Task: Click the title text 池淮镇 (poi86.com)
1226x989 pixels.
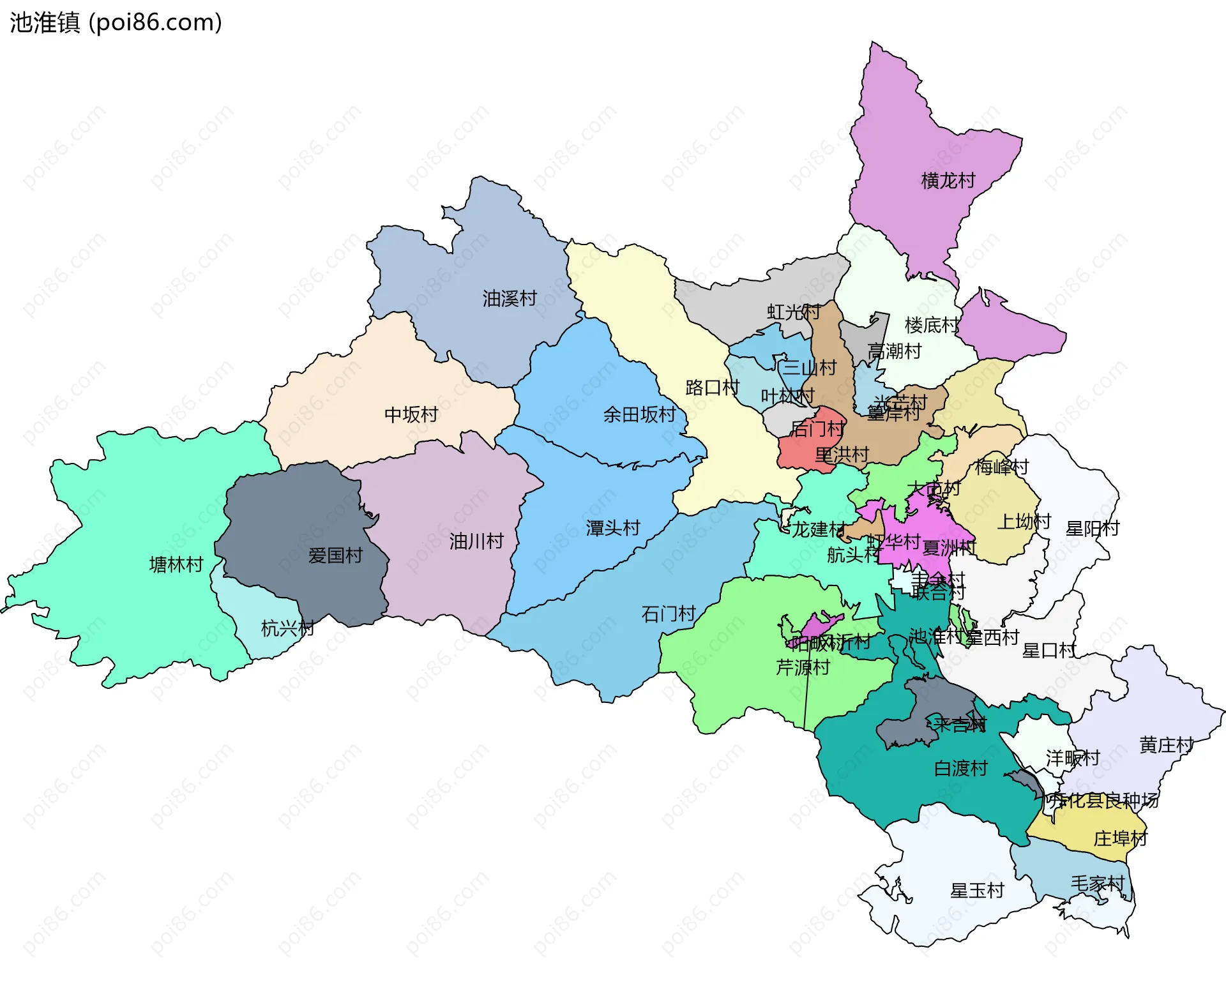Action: click(x=116, y=22)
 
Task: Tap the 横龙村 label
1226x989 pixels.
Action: click(x=948, y=181)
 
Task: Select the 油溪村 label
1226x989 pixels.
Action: click(x=509, y=298)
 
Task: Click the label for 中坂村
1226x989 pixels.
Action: click(x=411, y=414)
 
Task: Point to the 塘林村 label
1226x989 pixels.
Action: click(x=176, y=564)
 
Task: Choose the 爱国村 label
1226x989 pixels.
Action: click(x=335, y=555)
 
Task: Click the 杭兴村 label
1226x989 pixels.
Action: click(x=287, y=628)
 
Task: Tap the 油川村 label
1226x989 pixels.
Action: click(x=476, y=541)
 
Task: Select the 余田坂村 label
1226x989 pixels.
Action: click(x=639, y=414)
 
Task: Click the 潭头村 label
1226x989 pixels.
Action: click(x=612, y=528)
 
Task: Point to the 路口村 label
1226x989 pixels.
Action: click(x=711, y=388)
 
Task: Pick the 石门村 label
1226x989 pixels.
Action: click(x=668, y=614)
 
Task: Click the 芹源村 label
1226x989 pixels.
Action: click(x=802, y=668)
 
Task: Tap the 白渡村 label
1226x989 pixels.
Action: click(x=960, y=768)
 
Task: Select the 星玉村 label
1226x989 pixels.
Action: click(x=977, y=891)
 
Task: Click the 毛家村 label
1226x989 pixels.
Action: click(x=1097, y=884)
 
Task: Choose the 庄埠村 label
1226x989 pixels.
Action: click(x=1120, y=838)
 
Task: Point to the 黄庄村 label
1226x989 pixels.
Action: click(x=1166, y=745)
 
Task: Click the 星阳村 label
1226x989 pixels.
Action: click(x=1092, y=529)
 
